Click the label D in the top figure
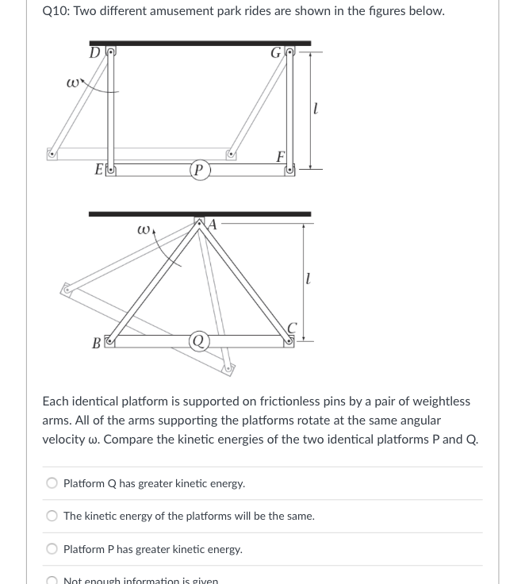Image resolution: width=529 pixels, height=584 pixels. pyautogui.click(x=95, y=54)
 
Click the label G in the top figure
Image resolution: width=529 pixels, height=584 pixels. pyautogui.click(x=276, y=54)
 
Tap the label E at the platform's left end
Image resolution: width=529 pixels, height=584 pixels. pyautogui.click(x=99, y=169)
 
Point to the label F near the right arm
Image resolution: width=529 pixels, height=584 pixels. pyautogui.click(x=280, y=156)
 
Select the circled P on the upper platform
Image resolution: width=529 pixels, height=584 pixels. pyautogui.click(x=199, y=170)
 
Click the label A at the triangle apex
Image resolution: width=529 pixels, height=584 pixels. pyautogui.click(x=213, y=225)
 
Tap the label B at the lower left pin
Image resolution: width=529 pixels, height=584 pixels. pyautogui.click(x=97, y=344)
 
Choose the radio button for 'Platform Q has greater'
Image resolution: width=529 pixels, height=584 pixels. pyautogui.click(x=52, y=482)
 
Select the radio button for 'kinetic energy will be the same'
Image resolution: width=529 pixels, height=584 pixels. pyautogui.click(x=52, y=516)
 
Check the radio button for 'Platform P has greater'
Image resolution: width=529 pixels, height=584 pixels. pyautogui.click(x=52, y=548)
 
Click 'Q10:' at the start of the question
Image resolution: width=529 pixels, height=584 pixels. pyautogui.click(x=56, y=11)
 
